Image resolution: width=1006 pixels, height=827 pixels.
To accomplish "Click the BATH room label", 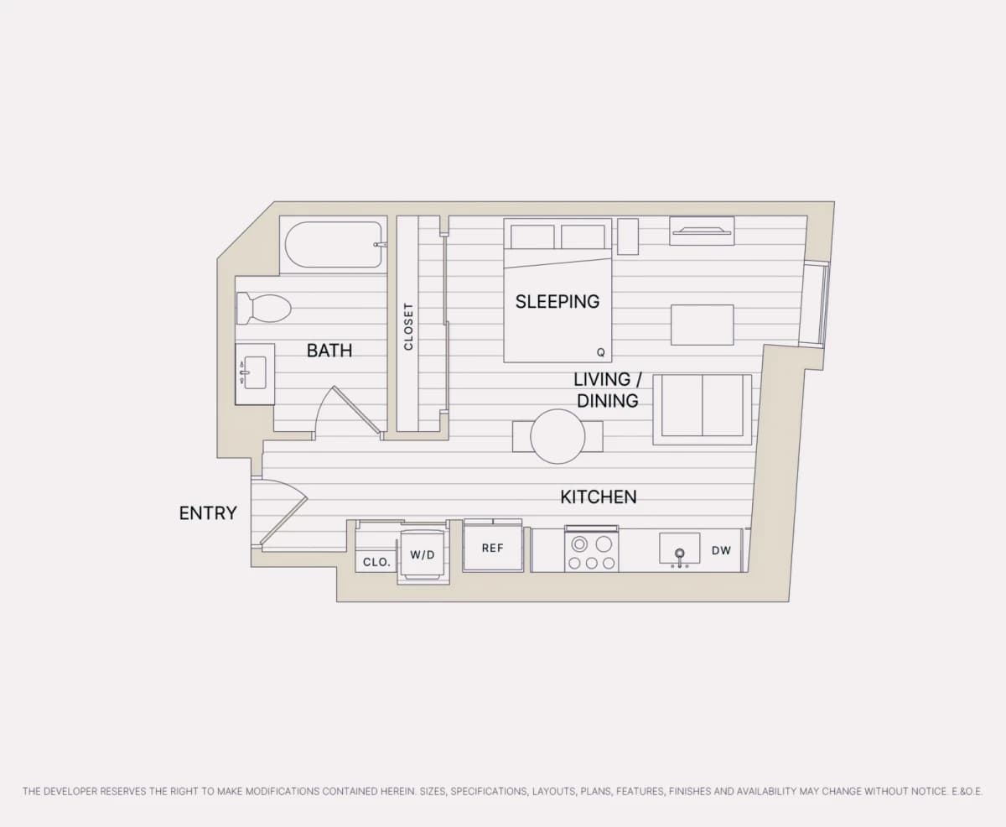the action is pos(329,351).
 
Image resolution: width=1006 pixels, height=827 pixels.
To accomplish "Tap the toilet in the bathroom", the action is pos(264,309).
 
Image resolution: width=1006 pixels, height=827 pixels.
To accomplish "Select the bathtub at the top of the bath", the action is pos(334,245).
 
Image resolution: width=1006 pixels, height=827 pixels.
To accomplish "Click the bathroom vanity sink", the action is pos(255,372).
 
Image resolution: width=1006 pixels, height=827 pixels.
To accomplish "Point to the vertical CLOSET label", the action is pos(408,326).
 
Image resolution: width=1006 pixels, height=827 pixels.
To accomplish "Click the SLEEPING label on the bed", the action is pos(557,302).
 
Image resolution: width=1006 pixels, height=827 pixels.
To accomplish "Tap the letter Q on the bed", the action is pos(600,352).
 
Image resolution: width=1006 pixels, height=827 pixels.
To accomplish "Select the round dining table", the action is pos(557,436).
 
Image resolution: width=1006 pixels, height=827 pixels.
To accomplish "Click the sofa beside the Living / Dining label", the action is pos(703,409).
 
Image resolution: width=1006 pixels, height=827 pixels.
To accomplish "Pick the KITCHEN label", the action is pos(599,497).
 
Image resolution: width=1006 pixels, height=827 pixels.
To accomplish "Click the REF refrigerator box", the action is pos(493,548).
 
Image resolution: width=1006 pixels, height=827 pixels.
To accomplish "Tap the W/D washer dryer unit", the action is pos(423,555).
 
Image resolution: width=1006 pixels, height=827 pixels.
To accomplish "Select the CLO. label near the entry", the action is pos(376,562).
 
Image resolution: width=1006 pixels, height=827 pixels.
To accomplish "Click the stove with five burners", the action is pos(592,550).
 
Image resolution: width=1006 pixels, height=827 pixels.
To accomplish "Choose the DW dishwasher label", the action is pos(721,551).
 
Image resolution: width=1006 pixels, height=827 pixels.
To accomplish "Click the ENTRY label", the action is pos(208,513).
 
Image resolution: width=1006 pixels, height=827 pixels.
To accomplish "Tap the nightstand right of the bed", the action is pos(628,237).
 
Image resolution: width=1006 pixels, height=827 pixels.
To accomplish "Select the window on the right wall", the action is pos(816,304).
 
